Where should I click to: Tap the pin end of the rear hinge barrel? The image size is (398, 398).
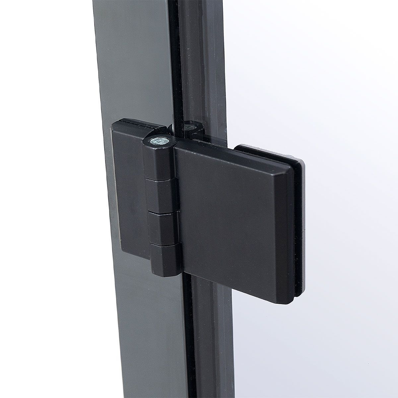(x=190, y=127)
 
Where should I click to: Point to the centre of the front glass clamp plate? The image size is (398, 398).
(x=232, y=216)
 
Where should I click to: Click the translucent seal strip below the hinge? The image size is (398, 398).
(x=207, y=332)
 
